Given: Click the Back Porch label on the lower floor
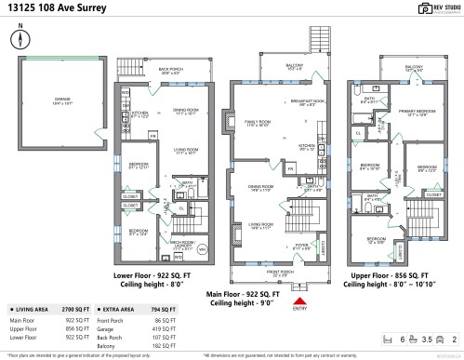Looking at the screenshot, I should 168,70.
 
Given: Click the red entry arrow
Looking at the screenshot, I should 299,300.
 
